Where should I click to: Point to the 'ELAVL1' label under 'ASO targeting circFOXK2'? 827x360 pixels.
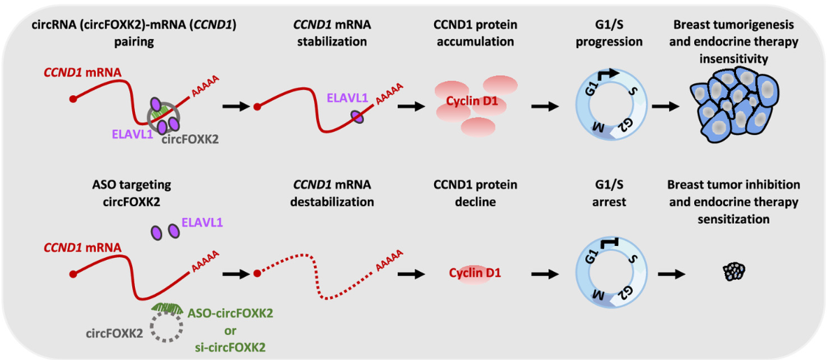tap(202, 224)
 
